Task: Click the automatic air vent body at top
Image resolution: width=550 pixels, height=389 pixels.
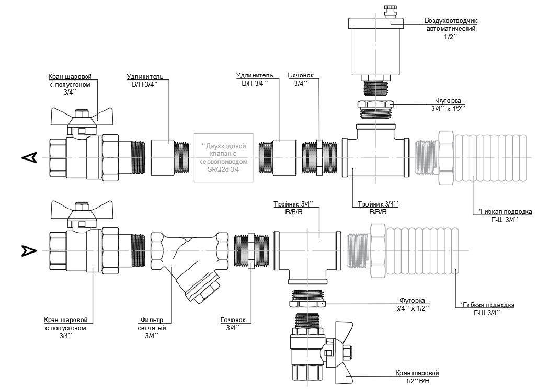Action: point(375,49)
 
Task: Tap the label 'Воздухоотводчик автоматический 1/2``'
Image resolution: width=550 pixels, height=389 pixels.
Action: point(451,28)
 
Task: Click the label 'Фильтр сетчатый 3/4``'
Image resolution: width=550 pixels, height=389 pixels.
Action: point(152,328)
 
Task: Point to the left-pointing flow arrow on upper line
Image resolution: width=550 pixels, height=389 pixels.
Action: point(29,158)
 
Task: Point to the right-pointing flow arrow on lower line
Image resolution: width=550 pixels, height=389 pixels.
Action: point(29,250)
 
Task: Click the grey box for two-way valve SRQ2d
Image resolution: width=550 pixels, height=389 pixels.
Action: point(223,158)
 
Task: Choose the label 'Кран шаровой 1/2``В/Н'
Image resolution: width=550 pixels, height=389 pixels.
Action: point(417,377)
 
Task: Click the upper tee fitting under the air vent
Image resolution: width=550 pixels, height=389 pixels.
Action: point(376,154)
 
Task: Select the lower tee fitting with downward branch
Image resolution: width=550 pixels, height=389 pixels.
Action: point(307,254)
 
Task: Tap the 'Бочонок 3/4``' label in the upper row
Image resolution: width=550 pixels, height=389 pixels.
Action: point(301,79)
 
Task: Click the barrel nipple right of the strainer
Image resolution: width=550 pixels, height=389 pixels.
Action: point(251,250)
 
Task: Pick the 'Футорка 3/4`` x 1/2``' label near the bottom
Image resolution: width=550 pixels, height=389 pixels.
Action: point(412,304)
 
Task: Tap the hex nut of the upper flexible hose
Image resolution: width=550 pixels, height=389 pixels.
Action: point(446,157)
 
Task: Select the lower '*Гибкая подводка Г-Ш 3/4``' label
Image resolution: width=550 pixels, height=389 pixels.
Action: point(487,308)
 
